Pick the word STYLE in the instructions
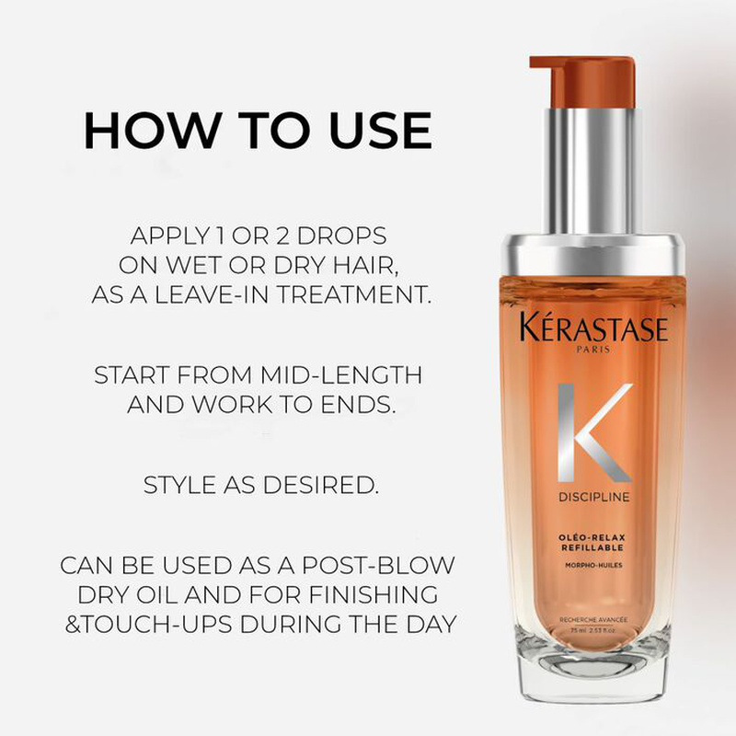(182, 485)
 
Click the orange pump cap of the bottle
(581, 83)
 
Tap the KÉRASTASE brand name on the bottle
(581, 329)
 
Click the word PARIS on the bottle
(582, 351)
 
